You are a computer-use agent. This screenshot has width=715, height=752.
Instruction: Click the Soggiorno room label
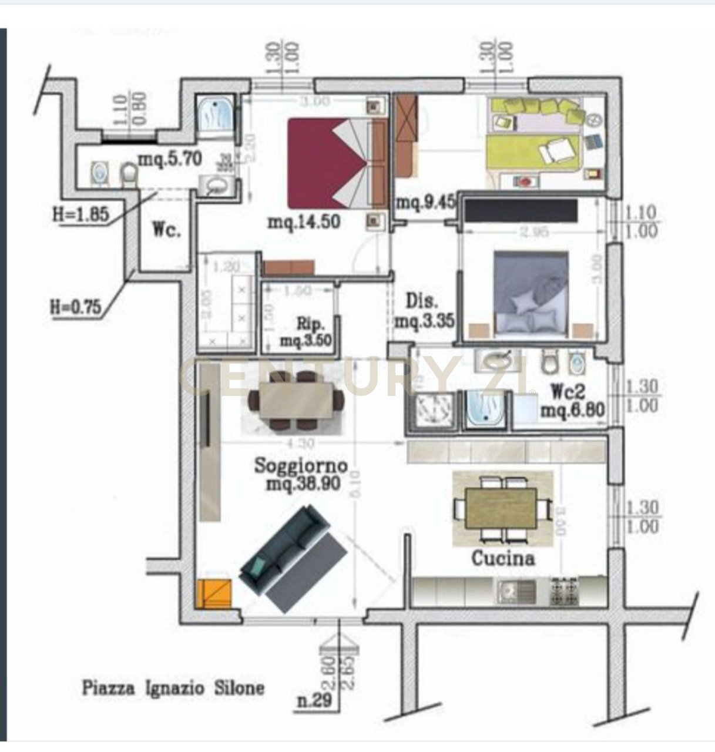click(x=301, y=466)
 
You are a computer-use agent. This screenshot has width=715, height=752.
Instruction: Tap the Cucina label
click(x=503, y=558)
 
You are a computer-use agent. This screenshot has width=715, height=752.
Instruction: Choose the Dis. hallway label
click(x=422, y=301)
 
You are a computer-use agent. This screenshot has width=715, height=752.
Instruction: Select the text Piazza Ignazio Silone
click(x=173, y=688)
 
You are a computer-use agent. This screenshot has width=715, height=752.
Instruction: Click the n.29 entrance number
click(x=313, y=700)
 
